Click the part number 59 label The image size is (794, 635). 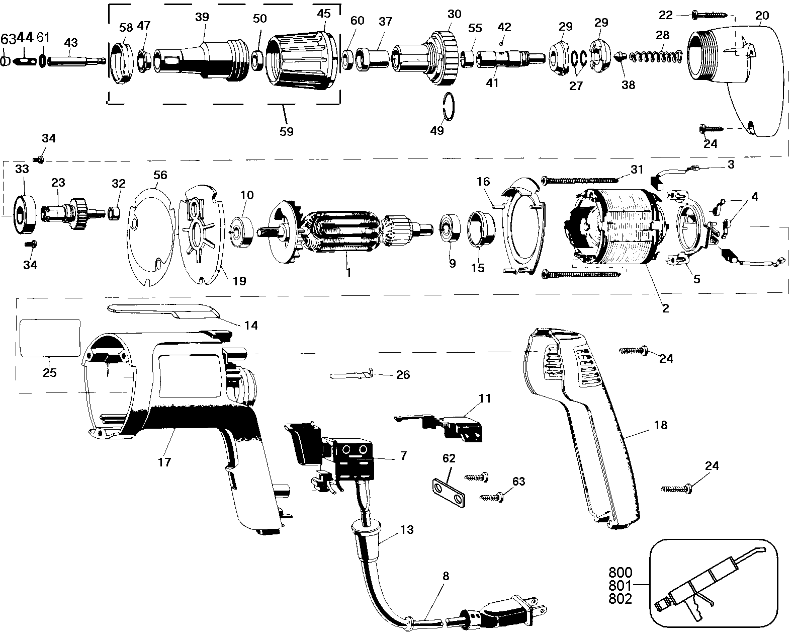point(286,131)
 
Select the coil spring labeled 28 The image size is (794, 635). point(656,56)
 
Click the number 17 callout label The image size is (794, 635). point(164,462)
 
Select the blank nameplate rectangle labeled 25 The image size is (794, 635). point(49,338)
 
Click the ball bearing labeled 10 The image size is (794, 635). point(241,232)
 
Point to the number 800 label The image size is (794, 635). point(620,572)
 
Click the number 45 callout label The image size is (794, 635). point(323,13)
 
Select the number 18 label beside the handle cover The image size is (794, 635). point(660,425)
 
